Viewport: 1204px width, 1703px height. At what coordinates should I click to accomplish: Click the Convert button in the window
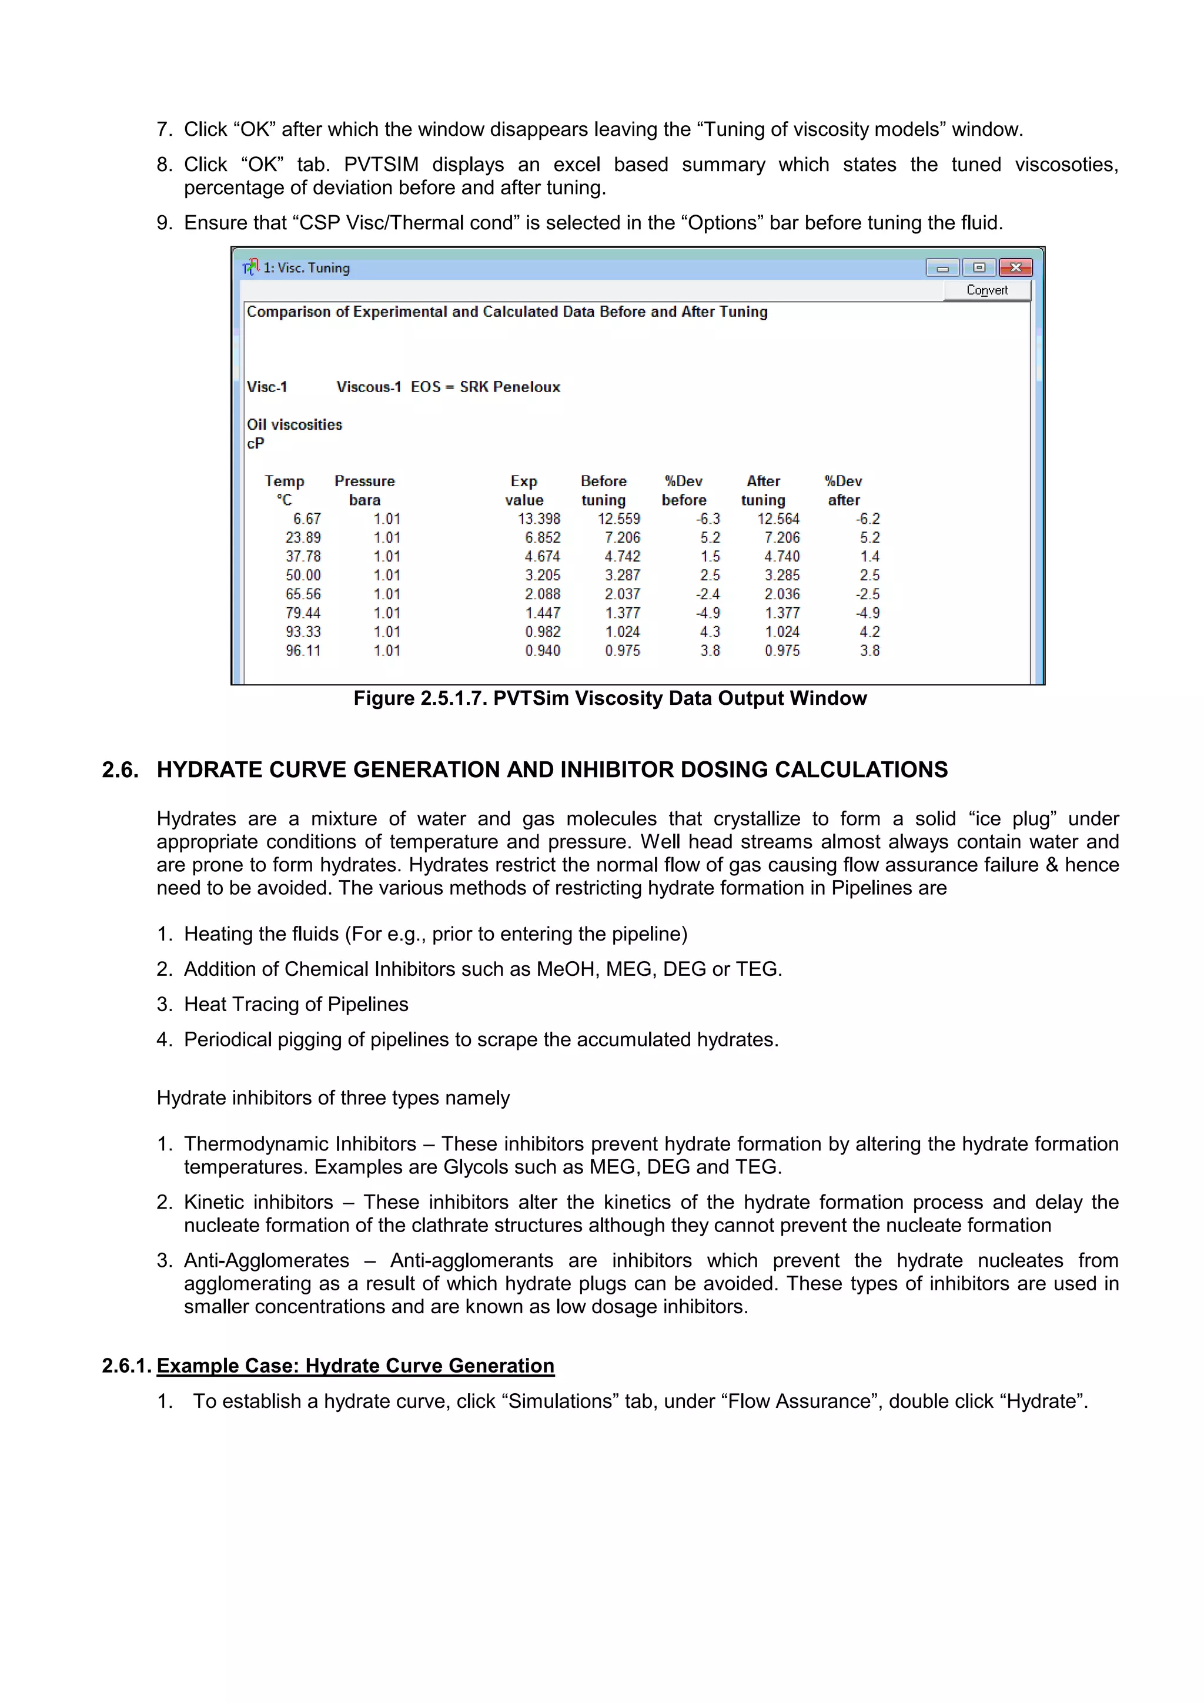pos(986,290)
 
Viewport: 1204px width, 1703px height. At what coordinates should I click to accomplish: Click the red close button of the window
pos(1015,267)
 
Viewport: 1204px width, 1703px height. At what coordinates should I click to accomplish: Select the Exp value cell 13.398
pos(539,518)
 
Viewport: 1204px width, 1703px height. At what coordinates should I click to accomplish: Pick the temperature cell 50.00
pos(303,575)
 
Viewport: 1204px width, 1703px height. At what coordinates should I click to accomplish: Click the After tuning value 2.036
pos(782,594)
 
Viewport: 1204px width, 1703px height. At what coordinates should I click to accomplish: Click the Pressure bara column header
pos(364,490)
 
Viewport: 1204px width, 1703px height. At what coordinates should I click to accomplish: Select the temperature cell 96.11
pos(303,651)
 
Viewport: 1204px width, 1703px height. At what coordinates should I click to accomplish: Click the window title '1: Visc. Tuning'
pos(306,267)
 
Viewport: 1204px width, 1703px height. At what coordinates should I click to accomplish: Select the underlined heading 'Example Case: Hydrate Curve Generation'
pos(355,1366)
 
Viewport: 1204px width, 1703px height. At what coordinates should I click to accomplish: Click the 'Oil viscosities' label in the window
pos(295,424)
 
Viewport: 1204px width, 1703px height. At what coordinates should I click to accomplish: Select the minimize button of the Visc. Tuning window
pos(942,267)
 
